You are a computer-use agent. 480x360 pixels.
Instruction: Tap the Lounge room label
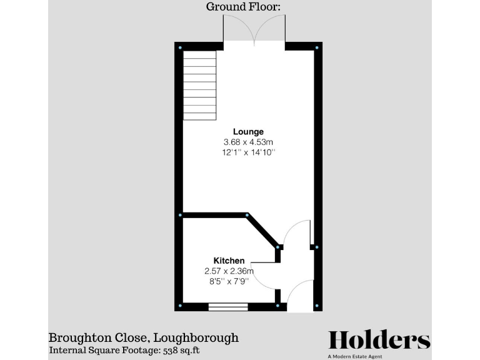(x=248, y=132)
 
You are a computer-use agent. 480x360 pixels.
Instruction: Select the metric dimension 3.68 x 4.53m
(x=248, y=142)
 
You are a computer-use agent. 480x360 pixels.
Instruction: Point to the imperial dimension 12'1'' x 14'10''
(x=248, y=152)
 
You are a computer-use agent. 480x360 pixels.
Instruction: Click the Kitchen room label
(x=229, y=261)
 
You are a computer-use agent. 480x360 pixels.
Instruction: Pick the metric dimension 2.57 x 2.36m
(x=229, y=271)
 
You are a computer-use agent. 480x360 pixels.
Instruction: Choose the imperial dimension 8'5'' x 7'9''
(x=229, y=281)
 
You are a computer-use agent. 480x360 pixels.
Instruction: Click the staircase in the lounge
(x=199, y=85)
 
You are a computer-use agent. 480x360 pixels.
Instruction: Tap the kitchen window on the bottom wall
(x=227, y=306)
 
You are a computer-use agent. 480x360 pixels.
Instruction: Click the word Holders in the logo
(x=379, y=340)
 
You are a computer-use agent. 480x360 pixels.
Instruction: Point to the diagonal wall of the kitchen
(x=262, y=231)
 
